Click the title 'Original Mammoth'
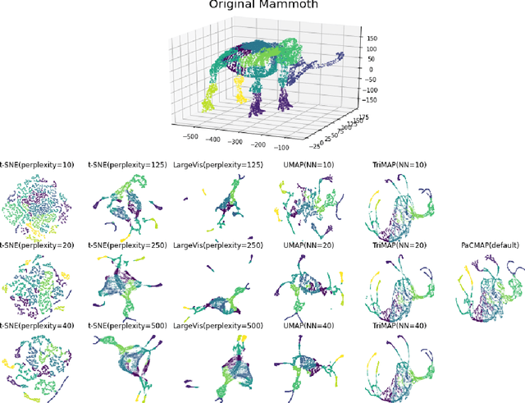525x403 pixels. click(x=262, y=5)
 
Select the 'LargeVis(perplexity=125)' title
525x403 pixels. click(x=215, y=164)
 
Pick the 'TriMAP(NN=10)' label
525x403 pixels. click(x=399, y=164)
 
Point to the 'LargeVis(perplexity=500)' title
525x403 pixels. click(x=215, y=326)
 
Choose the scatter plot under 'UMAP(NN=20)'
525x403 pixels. click(x=308, y=284)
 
